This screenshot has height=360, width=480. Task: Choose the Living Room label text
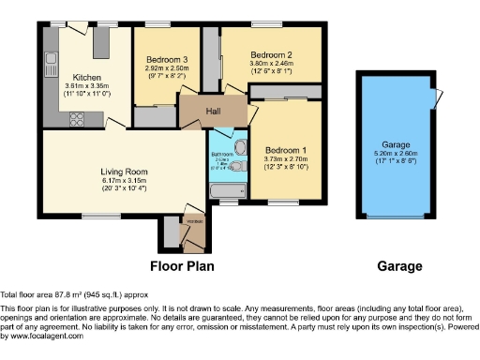coord(125,172)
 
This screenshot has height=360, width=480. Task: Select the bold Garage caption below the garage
coord(398,265)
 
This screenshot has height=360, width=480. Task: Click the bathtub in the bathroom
coord(225,191)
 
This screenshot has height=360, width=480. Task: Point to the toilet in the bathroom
coord(238,147)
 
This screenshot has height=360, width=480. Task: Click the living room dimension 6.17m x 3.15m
coord(125,181)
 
